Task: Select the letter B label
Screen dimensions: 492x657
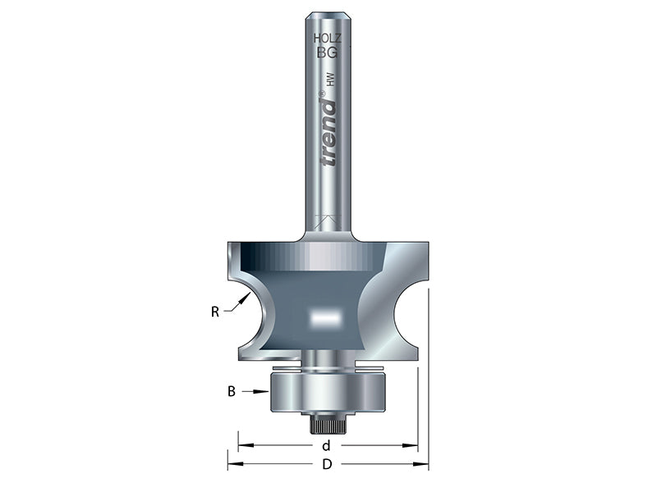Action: coord(232,392)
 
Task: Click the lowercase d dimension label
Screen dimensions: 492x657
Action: coord(327,446)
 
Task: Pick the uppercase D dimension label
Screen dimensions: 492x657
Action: coord(327,464)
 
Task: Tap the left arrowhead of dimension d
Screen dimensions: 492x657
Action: coord(242,446)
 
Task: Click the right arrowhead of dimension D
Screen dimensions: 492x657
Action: coord(425,464)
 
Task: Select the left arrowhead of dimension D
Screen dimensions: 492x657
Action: coord(231,464)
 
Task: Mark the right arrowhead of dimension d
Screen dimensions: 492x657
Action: coord(413,446)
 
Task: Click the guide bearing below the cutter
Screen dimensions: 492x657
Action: coord(328,392)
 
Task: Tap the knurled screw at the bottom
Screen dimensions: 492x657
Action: coord(329,425)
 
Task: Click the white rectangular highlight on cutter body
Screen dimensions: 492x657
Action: coord(322,315)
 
